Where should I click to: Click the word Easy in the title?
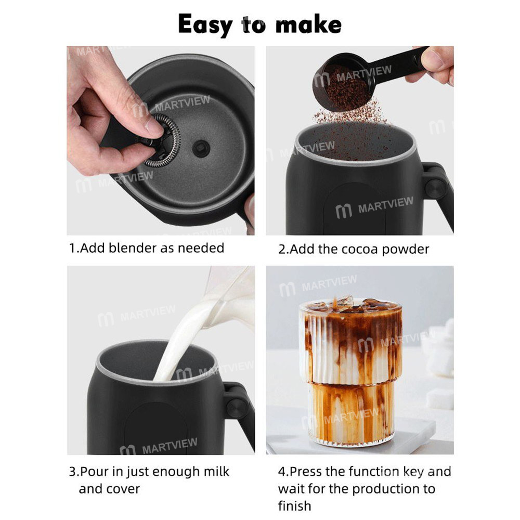206,24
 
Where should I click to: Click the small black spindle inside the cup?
201,147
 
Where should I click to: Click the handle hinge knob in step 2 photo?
436,186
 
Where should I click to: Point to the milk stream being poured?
179,343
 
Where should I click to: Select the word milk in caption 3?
215,472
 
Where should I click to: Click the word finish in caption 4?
295,505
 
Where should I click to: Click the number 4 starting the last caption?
281,472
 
